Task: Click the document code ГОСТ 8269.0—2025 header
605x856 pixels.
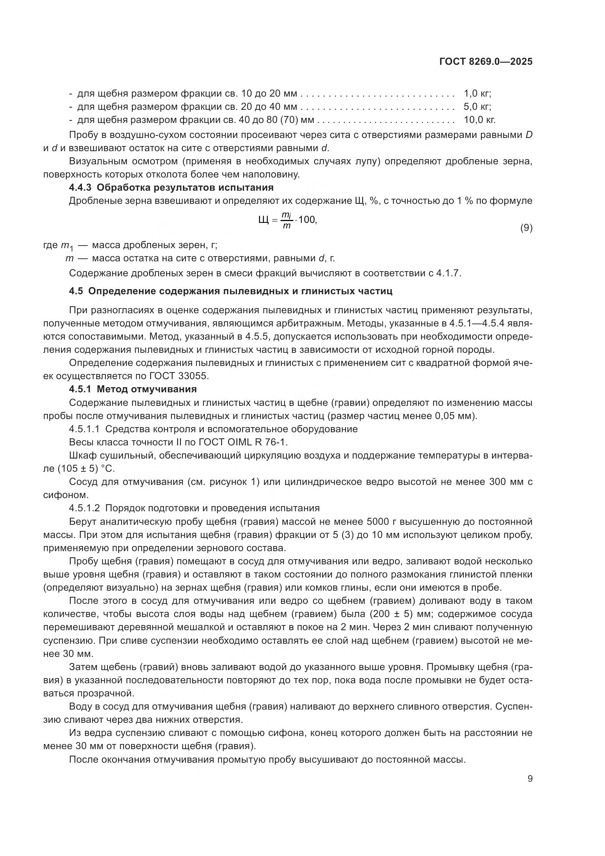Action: click(x=486, y=61)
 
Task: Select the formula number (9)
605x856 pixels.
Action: click(x=526, y=228)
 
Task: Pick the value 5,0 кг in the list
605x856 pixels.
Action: click(x=477, y=106)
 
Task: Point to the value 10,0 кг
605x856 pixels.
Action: click(x=480, y=120)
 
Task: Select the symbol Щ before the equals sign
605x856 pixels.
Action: click(x=263, y=220)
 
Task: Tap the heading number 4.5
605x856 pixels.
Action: click(x=76, y=291)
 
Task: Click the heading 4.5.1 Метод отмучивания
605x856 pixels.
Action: click(x=133, y=389)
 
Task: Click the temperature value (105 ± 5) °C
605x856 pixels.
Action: click(x=86, y=469)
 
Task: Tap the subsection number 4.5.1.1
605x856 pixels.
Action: click(x=84, y=429)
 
